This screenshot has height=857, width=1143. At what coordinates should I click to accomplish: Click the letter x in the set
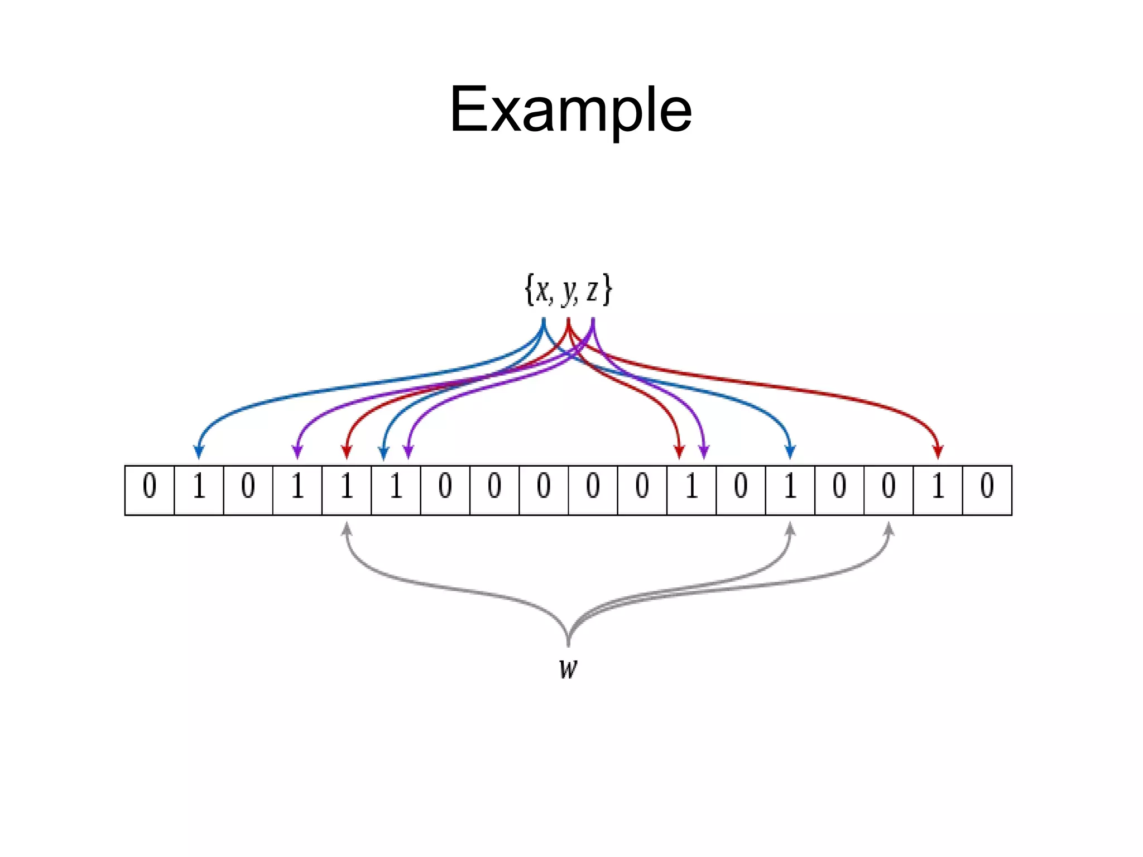[542, 290]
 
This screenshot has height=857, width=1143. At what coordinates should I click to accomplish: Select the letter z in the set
[592, 290]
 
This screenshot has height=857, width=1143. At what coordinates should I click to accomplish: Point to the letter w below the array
[568, 668]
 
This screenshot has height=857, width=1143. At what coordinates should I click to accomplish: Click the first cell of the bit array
[150, 490]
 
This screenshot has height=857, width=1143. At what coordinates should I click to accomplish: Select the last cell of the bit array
[987, 490]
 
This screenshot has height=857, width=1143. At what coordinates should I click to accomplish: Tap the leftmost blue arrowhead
[199, 452]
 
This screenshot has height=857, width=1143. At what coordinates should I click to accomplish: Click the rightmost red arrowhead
[938, 452]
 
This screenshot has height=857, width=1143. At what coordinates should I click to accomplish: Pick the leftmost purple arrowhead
[297, 452]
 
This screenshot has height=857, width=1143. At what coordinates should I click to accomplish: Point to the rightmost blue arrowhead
[790, 452]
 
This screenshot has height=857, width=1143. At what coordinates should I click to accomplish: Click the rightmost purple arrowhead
[704, 452]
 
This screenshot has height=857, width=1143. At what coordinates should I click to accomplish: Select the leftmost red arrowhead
[347, 452]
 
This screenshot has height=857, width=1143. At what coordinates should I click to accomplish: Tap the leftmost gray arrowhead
[347, 528]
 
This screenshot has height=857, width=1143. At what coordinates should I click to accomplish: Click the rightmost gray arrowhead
[889, 528]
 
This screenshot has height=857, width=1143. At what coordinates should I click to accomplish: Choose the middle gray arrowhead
[790, 528]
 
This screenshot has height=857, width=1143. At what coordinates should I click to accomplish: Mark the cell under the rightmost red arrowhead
[938, 490]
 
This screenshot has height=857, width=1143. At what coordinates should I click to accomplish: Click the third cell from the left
[248, 490]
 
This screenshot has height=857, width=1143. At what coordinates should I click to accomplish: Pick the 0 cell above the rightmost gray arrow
[889, 490]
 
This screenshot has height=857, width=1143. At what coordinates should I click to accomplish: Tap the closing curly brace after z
[607, 290]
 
